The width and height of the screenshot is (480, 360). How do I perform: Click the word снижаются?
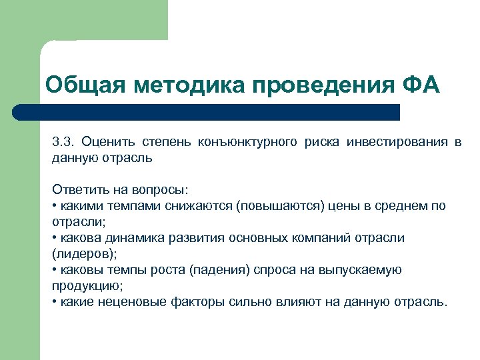[x=200, y=205]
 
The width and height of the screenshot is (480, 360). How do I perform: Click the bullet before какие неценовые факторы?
[x=54, y=301]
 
